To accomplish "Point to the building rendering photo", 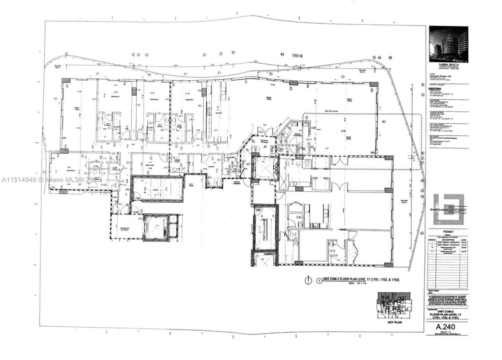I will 448,44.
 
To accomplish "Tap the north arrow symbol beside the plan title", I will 308,280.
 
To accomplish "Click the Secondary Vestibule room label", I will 125,229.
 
